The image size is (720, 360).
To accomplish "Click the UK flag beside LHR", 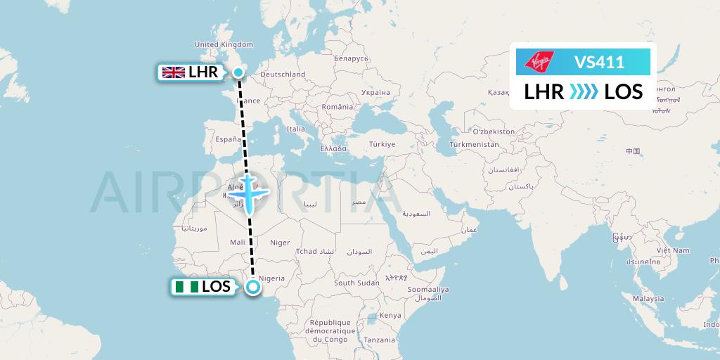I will (x=174, y=72).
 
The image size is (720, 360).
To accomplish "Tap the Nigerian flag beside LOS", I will (x=186, y=287).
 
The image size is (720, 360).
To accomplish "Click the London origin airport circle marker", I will (x=238, y=72).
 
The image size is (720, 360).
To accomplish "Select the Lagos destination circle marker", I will (x=254, y=287).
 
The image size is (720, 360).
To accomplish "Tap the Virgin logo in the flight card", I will (x=538, y=62).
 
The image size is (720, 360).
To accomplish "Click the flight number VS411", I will (x=599, y=62).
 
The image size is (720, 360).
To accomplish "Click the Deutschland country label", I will (x=283, y=74).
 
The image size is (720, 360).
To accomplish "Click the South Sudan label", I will (x=356, y=283).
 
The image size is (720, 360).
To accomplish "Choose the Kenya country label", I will (x=390, y=315).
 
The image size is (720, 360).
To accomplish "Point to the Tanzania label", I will (x=380, y=340).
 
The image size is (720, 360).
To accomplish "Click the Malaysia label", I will (x=648, y=298).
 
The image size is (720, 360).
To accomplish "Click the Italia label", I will (x=295, y=129).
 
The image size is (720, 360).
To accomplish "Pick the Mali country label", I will (x=237, y=242).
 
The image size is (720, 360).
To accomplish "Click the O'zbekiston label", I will (x=493, y=131).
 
